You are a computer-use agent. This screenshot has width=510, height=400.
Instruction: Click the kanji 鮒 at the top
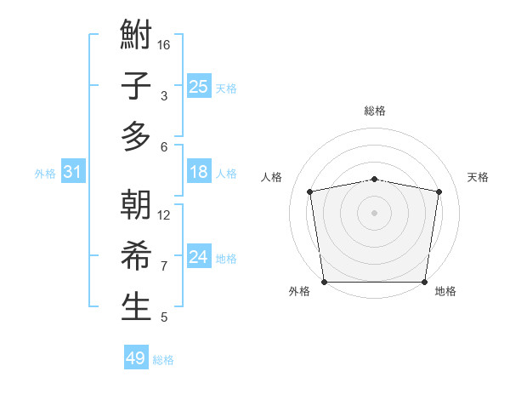click(x=136, y=37)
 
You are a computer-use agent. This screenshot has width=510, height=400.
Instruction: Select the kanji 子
click(x=136, y=86)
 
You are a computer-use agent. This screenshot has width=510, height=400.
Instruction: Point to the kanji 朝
click(x=136, y=206)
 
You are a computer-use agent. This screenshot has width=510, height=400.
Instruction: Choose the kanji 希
click(x=136, y=256)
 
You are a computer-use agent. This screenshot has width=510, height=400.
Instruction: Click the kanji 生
click(x=136, y=306)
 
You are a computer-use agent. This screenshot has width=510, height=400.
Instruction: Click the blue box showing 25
click(x=198, y=86)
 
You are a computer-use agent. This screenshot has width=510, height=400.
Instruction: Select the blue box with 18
click(x=198, y=173)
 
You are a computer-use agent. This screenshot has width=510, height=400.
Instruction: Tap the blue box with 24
click(x=198, y=258)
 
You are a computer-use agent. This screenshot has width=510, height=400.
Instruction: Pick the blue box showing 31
click(x=72, y=173)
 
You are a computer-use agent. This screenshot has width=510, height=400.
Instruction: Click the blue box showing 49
click(x=135, y=358)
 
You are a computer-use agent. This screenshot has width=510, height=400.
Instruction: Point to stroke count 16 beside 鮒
click(x=164, y=45)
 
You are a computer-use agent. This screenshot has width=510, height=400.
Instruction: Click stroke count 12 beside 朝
click(x=164, y=215)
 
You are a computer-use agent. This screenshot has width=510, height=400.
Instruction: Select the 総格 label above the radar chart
click(x=374, y=111)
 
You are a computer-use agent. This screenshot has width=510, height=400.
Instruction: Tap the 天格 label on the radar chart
click(x=478, y=177)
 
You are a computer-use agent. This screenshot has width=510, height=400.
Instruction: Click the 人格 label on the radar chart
click(x=271, y=177)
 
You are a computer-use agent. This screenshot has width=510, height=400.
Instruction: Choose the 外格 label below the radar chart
click(x=299, y=292)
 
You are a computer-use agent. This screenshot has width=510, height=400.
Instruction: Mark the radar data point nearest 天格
click(x=439, y=191)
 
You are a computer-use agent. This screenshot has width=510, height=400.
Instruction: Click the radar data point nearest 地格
click(x=424, y=282)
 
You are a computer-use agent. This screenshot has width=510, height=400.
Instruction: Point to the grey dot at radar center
click(x=374, y=212)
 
